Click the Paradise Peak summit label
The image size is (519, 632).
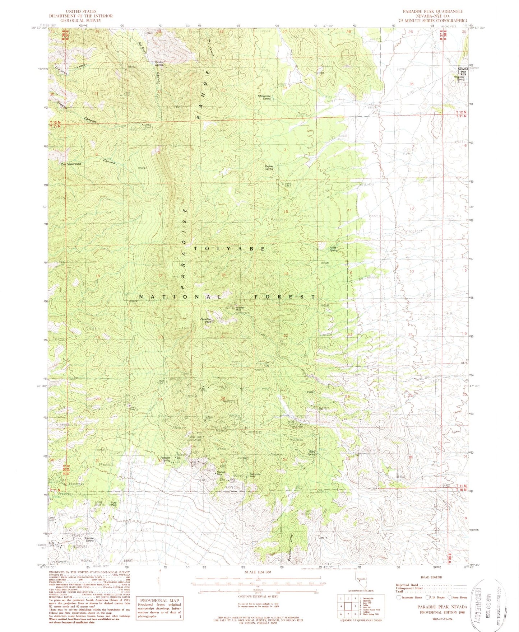[206, 320]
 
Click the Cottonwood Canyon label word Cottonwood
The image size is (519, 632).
[71, 164]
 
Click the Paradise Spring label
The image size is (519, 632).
[165, 458]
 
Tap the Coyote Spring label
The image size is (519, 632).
[89, 539]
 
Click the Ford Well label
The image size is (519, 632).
[114, 503]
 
